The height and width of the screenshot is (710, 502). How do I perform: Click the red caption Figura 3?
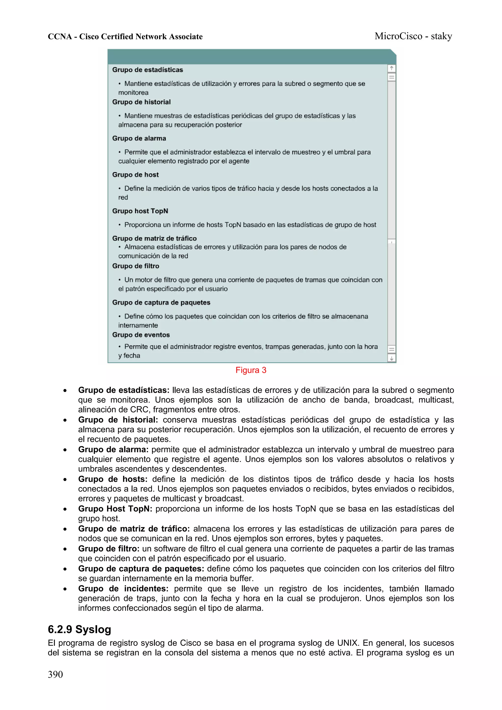(251, 370)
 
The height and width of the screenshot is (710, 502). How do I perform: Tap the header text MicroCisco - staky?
(413, 36)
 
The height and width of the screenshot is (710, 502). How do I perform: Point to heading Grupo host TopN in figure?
(140, 211)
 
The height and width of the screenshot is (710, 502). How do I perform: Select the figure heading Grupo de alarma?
(139, 138)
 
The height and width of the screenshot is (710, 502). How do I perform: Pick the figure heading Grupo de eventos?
(141, 335)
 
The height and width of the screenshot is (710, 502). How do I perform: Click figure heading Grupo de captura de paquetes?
(161, 302)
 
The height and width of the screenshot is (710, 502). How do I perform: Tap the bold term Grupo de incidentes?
(123, 588)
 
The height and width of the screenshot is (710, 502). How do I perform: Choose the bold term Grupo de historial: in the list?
(118, 420)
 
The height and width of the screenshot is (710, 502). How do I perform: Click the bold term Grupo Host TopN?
(115, 509)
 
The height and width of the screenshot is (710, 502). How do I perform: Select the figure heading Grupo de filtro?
(136, 266)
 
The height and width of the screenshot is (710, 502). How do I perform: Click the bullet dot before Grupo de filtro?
(65, 549)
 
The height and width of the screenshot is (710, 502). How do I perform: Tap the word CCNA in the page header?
(60, 37)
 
